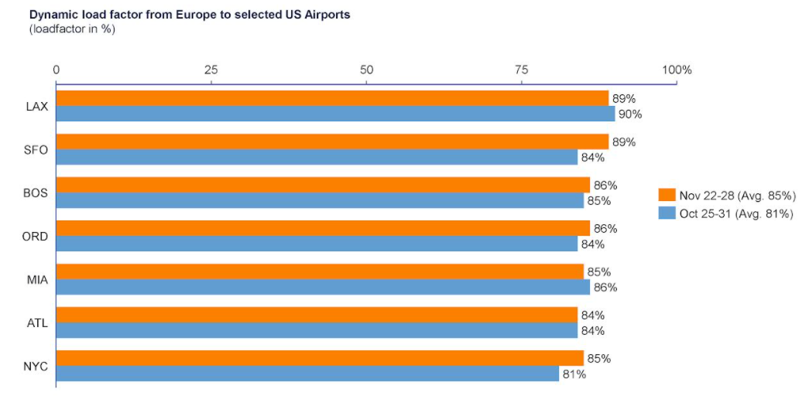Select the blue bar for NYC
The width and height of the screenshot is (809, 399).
tap(307, 374)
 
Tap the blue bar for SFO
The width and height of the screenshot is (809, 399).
tap(317, 158)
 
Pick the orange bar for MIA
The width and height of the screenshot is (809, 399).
tap(320, 272)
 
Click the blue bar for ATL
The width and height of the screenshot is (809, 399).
tap(317, 331)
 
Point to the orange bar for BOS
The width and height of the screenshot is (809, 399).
tap(323, 186)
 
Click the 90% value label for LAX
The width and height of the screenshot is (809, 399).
tap(630, 114)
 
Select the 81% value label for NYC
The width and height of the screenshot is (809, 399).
tap(574, 374)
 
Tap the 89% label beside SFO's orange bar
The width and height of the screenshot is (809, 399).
tap(624, 142)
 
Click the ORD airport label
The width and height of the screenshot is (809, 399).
tap(36, 237)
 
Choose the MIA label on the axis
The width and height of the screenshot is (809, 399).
tap(36, 280)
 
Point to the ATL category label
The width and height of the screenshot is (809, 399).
tap(36, 323)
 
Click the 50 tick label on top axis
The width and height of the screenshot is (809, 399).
tap(367, 70)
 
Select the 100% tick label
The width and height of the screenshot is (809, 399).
tap(677, 70)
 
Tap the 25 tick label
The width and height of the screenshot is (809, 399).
tap(211, 70)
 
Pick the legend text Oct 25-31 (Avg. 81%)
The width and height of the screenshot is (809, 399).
tap(736, 214)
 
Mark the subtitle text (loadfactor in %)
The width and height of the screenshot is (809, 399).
tap(71, 29)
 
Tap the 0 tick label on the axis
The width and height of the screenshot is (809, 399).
tap(57, 70)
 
